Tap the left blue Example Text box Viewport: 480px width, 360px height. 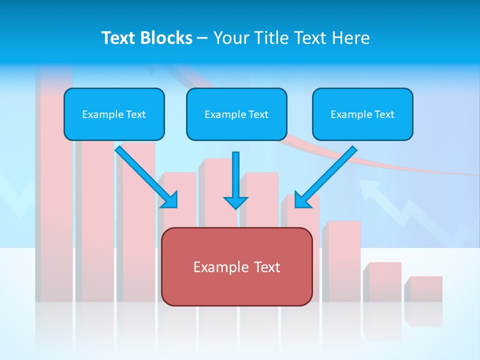(x=114, y=114)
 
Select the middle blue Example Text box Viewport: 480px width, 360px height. (x=236, y=114)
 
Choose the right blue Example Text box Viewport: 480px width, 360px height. (x=362, y=114)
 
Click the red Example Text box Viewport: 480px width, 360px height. (x=236, y=266)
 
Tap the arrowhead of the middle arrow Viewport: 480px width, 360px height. (x=235, y=202)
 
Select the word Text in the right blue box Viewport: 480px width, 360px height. (x=384, y=114)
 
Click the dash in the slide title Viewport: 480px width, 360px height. (x=202, y=38)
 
